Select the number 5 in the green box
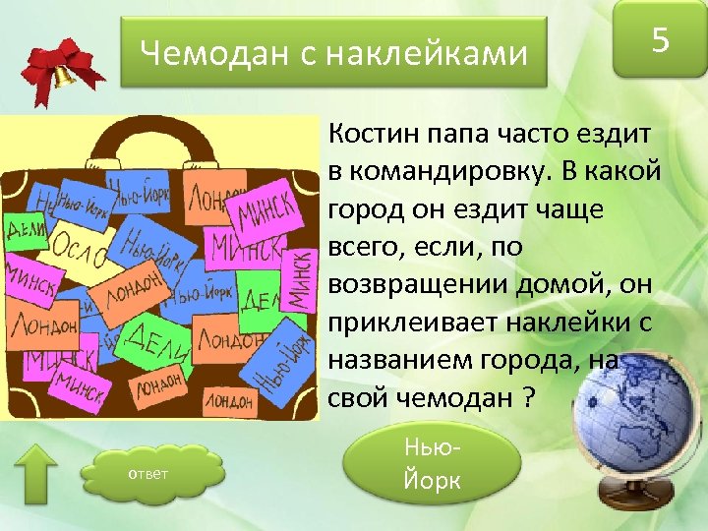[x=661, y=41]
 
